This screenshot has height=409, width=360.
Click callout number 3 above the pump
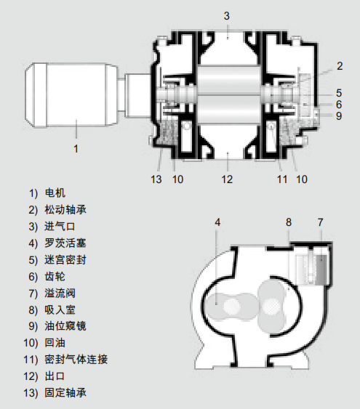click(x=227, y=16)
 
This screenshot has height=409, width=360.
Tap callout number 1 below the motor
click(x=76, y=149)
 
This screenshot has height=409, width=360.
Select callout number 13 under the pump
click(x=156, y=179)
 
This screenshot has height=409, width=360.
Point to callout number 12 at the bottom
click(x=227, y=179)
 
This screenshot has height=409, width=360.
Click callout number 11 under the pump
click(x=282, y=179)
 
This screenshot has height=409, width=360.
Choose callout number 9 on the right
click(x=339, y=116)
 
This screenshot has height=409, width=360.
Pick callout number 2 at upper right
click(x=340, y=66)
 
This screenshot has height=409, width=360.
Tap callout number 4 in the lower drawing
click(x=217, y=222)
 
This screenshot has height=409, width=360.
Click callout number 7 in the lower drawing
click(x=320, y=222)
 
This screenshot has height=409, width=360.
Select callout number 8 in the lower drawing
click(x=289, y=222)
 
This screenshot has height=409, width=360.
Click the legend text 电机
click(x=55, y=193)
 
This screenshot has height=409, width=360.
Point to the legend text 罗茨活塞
click(x=65, y=243)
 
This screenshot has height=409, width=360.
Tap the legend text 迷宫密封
click(x=65, y=260)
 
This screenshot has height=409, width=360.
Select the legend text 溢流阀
click(x=60, y=293)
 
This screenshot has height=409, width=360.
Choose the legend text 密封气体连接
click(x=76, y=360)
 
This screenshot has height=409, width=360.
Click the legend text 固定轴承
click(x=65, y=393)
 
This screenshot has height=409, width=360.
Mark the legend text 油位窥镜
click(x=65, y=326)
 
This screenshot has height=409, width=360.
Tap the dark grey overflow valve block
click(x=321, y=270)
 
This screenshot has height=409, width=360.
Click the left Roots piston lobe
click(x=231, y=307)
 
